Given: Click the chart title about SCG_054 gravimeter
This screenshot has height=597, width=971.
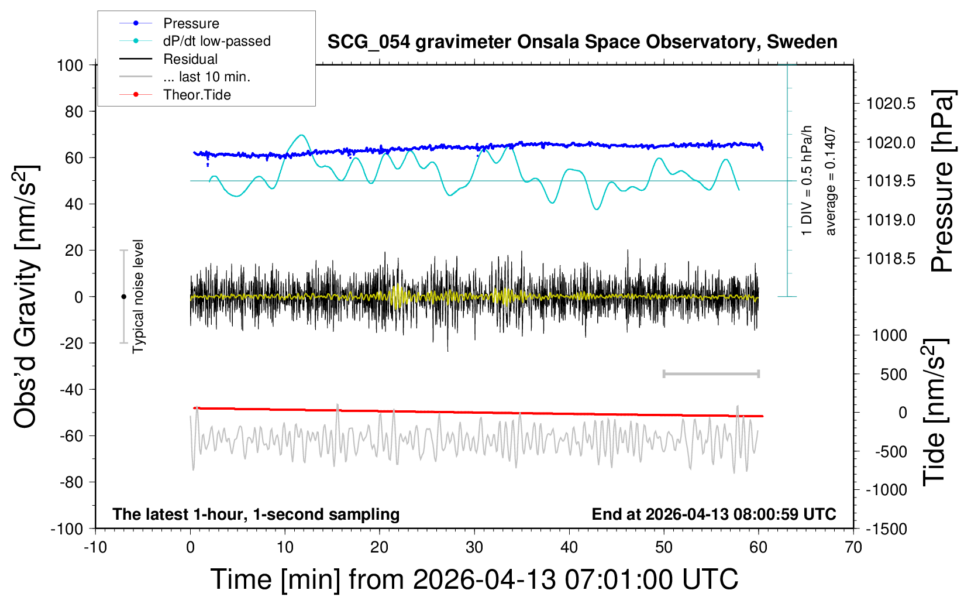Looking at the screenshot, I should (582, 42).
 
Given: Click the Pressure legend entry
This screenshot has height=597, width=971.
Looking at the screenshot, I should (191, 23).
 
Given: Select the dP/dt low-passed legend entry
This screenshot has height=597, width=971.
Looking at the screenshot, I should (216, 41).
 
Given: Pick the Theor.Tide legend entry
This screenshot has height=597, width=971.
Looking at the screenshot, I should (197, 95).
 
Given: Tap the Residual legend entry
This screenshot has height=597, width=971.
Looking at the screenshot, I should (190, 59).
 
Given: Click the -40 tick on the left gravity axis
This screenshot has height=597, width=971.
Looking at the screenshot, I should (71, 389).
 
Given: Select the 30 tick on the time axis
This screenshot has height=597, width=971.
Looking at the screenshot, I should (474, 548).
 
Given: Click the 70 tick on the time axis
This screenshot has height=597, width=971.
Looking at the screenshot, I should (853, 548).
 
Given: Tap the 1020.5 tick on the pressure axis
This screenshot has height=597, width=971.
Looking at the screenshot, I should (891, 104).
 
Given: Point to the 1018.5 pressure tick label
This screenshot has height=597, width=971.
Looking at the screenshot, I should (891, 259).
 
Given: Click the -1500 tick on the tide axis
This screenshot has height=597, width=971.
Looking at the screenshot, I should (887, 529).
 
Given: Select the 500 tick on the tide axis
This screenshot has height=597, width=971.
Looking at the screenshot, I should (894, 375).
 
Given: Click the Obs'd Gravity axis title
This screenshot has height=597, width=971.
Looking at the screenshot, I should (26, 297).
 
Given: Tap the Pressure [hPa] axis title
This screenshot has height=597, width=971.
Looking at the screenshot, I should (942, 181).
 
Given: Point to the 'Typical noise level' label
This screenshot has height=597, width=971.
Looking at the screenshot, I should (138, 297).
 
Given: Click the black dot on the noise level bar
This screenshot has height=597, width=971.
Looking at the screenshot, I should (123, 297).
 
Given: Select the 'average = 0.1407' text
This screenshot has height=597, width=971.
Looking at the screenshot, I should (831, 181).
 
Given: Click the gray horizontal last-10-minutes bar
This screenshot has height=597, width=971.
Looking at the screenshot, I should (711, 373).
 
